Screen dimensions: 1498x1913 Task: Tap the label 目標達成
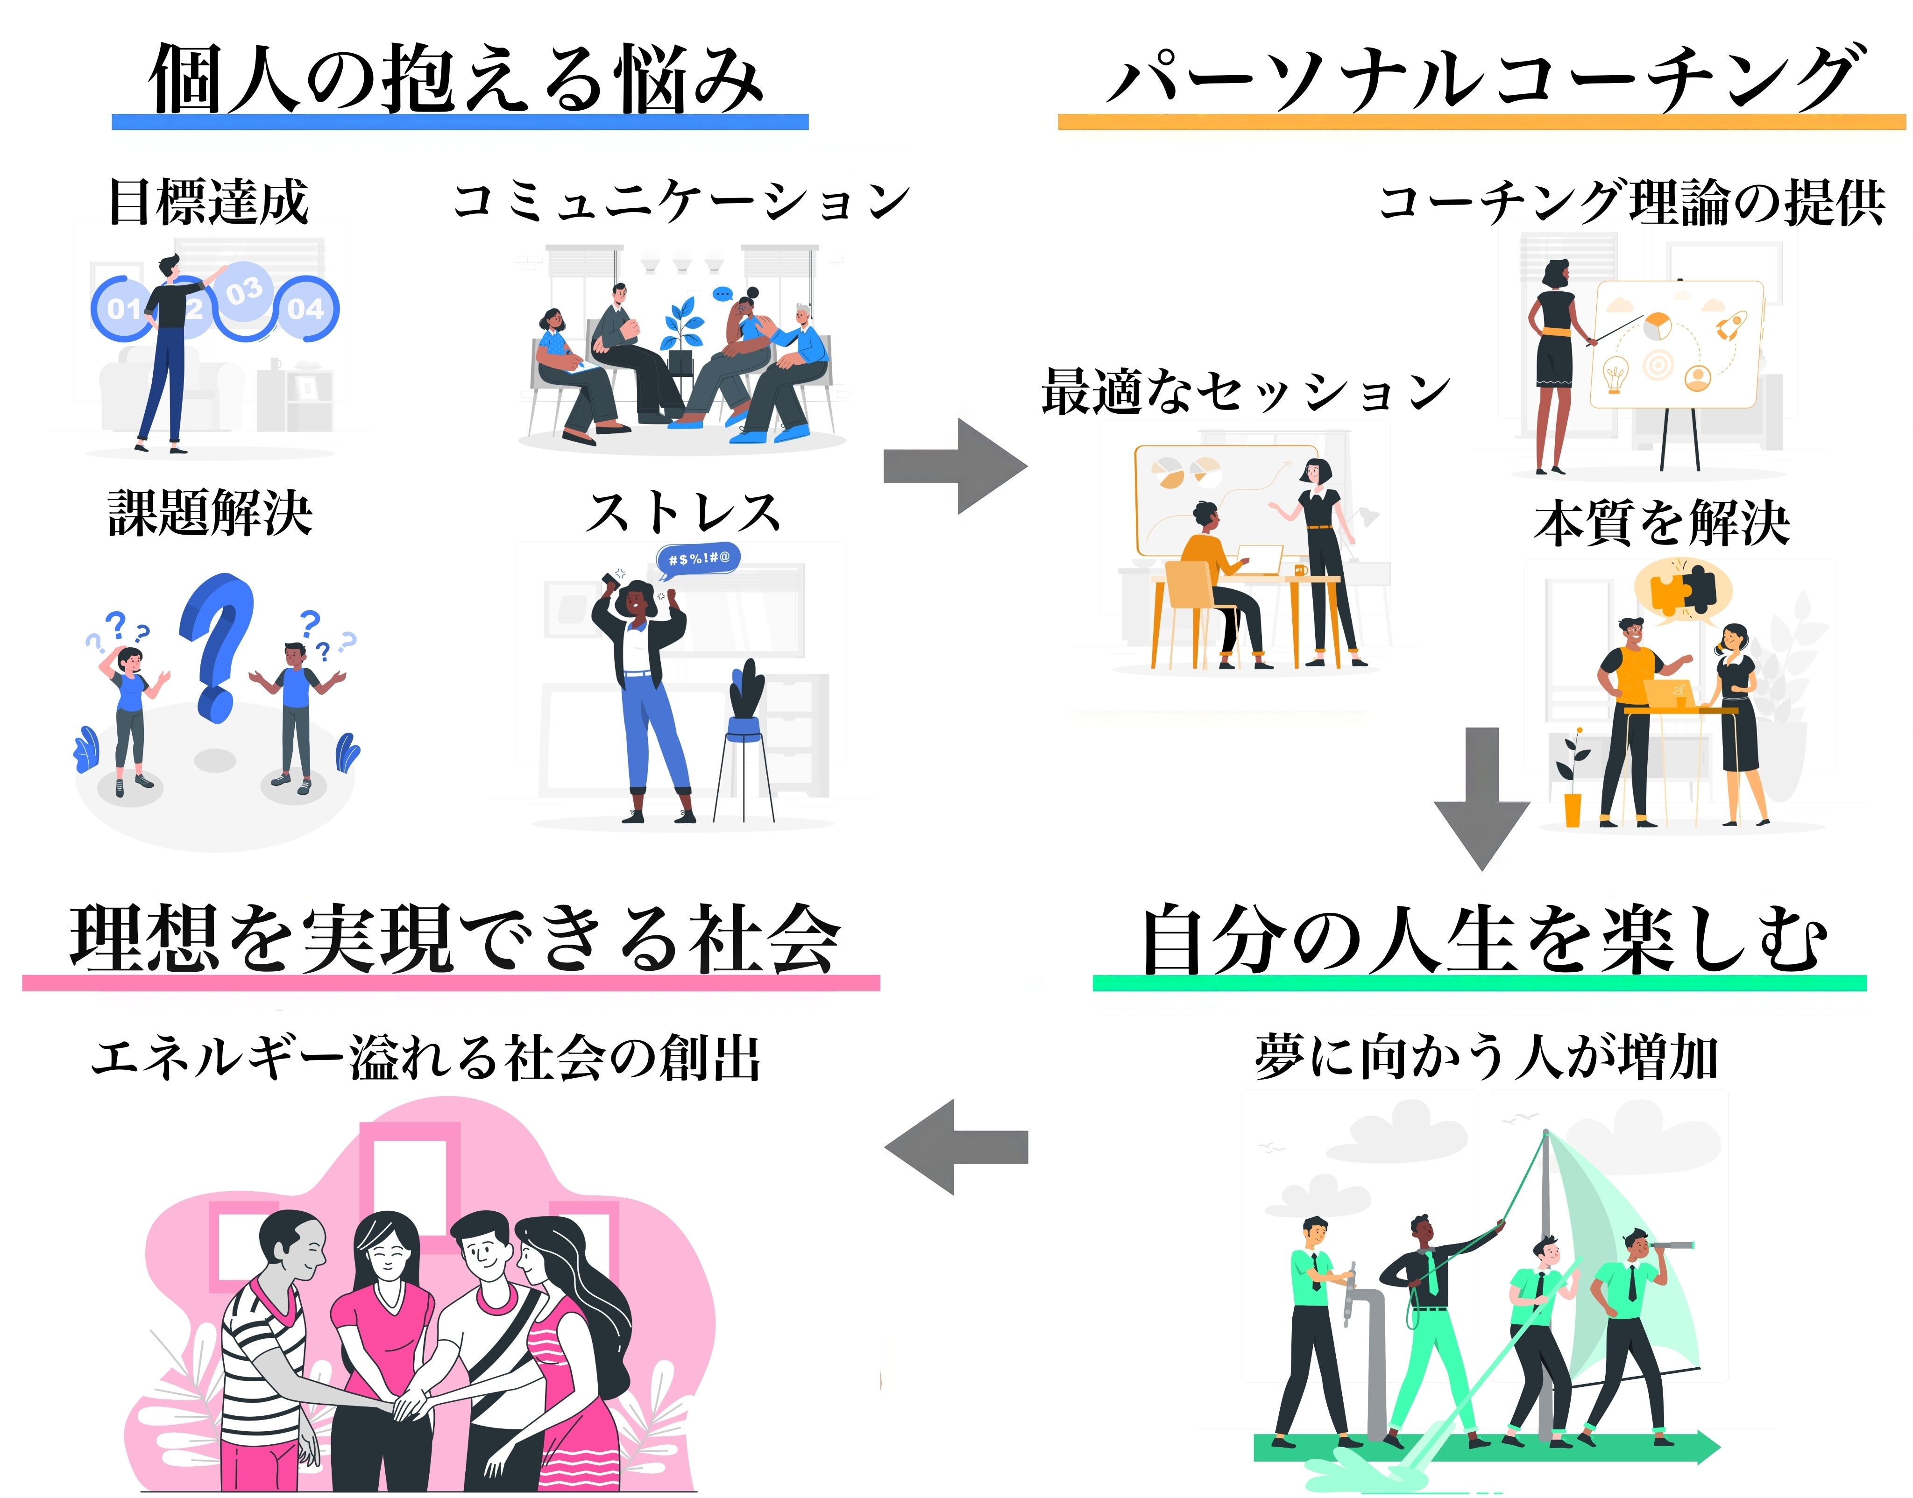pyautogui.click(x=208, y=202)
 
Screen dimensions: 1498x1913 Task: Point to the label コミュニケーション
pyautogui.click(x=681, y=202)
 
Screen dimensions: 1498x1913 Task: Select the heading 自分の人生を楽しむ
pyautogui.click(x=1482, y=940)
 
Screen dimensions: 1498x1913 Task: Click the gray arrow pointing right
pyautogui.click(x=956, y=465)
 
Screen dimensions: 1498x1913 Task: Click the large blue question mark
pyautogui.click(x=218, y=644)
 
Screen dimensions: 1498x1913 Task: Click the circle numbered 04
pyautogui.click(x=305, y=309)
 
